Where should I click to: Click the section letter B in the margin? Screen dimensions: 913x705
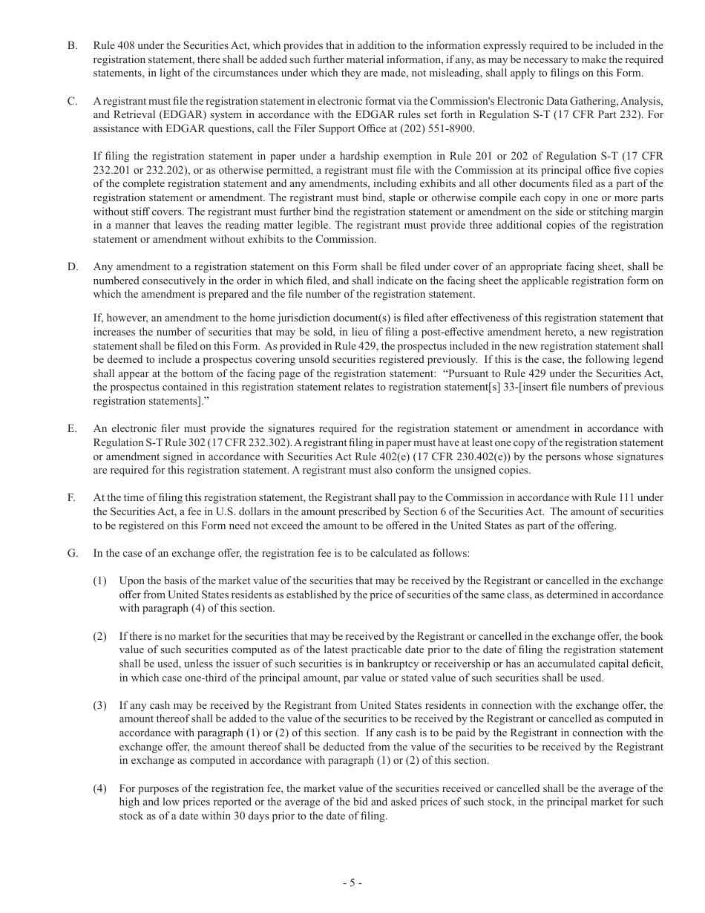click(72, 46)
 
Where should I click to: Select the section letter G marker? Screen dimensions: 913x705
click(72, 553)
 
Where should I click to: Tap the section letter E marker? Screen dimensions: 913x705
click(72, 428)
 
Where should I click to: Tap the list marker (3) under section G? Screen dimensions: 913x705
click(99, 705)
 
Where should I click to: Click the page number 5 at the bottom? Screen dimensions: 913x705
click(352, 883)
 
